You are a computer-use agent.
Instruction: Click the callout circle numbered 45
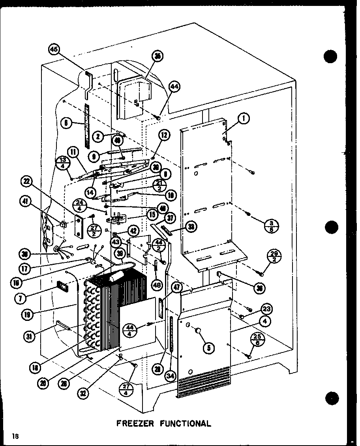(54, 49)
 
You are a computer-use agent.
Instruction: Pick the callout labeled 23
(266, 309)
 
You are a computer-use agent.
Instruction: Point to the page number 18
(15, 436)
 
